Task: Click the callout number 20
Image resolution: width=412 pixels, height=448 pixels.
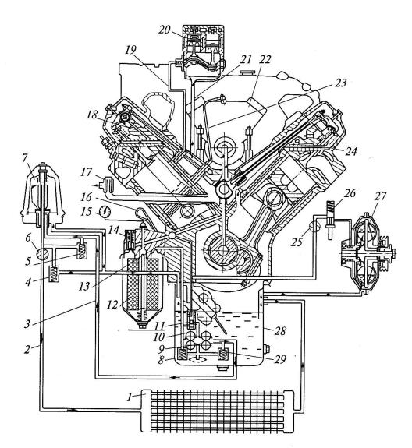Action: click(x=165, y=30)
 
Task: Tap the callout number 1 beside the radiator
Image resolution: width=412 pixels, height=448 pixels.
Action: click(x=130, y=397)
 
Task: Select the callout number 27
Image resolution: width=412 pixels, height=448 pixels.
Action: click(x=381, y=196)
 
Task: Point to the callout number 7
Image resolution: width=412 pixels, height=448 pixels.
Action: click(x=25, y=158)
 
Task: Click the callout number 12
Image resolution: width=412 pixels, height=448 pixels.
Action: click(x=112, y=305)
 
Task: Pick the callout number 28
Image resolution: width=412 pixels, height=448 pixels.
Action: click(x=280, y=331)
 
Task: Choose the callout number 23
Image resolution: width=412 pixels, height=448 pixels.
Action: click(x=340, y=83)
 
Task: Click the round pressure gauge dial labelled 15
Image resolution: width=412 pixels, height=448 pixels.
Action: click(x=105, y=211)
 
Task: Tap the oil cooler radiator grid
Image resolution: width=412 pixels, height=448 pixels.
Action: click(x=218, y=411)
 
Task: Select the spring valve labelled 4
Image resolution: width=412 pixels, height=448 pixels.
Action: click(x=54, y=274)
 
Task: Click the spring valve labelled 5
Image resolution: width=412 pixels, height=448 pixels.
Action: click(x=82, y=251)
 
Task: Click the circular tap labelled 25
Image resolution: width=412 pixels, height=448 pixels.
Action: click(x=314, y=228)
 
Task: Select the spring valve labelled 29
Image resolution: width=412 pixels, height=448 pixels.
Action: click(x=222, y=355)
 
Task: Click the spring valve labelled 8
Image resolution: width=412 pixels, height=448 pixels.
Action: click(x=181, y=355)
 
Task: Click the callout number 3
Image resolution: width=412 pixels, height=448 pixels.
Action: click(x=27, y=324)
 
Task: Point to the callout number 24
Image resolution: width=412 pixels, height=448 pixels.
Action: click(x=351, y=151)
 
